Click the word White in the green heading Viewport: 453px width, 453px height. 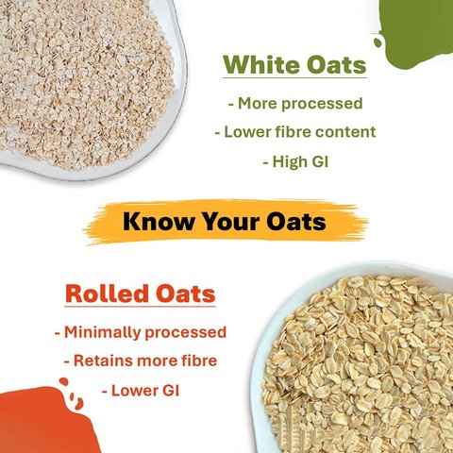tap(262, 64)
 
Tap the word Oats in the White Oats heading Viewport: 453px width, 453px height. tap(337, 64)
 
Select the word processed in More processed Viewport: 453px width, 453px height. tap(322, 104)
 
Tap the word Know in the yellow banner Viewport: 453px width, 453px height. tap(159, 221)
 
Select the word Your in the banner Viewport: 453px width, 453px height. tap(230, 221)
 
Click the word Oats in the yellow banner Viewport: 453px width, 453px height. tap(296, 221)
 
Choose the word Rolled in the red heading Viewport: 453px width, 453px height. tap(108, 294)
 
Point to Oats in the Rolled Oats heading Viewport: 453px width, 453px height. tap(186, 294)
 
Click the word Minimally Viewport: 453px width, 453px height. tap(102, 332)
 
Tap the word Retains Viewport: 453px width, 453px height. tap(103, 361)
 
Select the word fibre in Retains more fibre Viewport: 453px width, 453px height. tap(199, 361)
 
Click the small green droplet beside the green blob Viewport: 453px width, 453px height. tap(377, 42)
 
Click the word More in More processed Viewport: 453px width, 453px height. tap(258, 104)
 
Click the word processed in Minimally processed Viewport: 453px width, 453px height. tap(186, 333)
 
